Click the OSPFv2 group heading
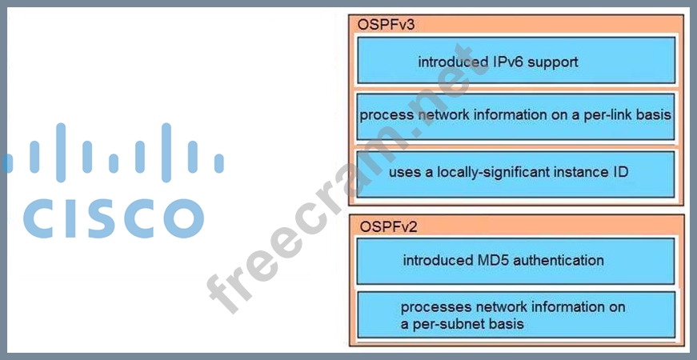click(x=387, y=226)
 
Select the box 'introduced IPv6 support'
click(x=515, y=61)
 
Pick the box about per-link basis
click(x=515, y=114)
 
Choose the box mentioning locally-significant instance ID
click(x=515, y=173)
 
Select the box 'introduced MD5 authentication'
click(x=515, y=261)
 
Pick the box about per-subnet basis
click(x=515, y=315)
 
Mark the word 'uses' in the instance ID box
click(x=405, y=173)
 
